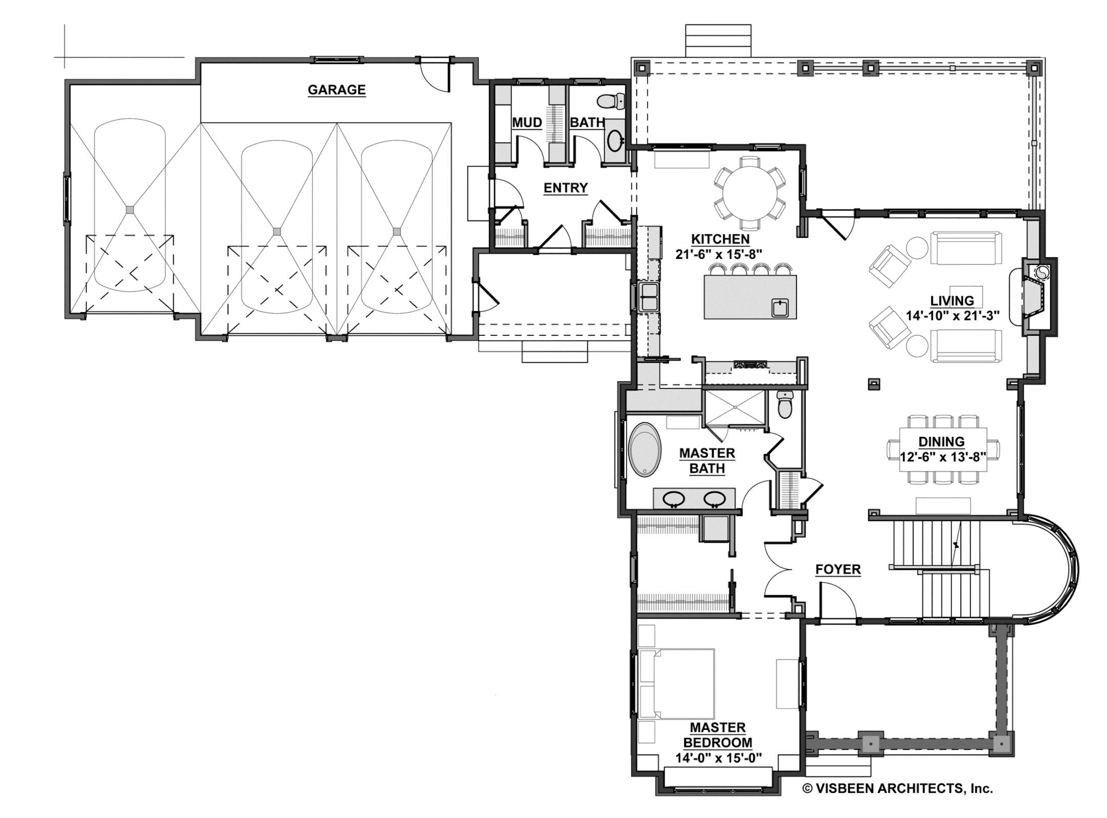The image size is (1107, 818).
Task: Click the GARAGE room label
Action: [x=336, y=90]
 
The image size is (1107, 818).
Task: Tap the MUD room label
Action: [x=527, y=122]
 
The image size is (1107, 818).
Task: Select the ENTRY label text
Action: [x=565, y=188]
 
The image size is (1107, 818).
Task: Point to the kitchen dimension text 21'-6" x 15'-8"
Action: [x=719, y=254]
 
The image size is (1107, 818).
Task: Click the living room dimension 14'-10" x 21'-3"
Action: [x=952, y=316]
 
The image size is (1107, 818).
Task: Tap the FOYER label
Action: [x=838, y=569]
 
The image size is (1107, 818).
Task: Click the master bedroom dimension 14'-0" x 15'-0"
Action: [x=718, y=758]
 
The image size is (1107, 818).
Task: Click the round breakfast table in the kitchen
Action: [x=749, y=193]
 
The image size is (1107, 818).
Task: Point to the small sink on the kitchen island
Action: [x=780, y=309]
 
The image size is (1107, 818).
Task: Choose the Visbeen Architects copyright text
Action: [x=897, y=788]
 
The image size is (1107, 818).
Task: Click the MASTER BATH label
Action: [x=707, y=461]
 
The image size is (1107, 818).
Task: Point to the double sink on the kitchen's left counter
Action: [x=649, y=297]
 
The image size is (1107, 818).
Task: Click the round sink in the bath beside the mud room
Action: [x=614, y=139]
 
